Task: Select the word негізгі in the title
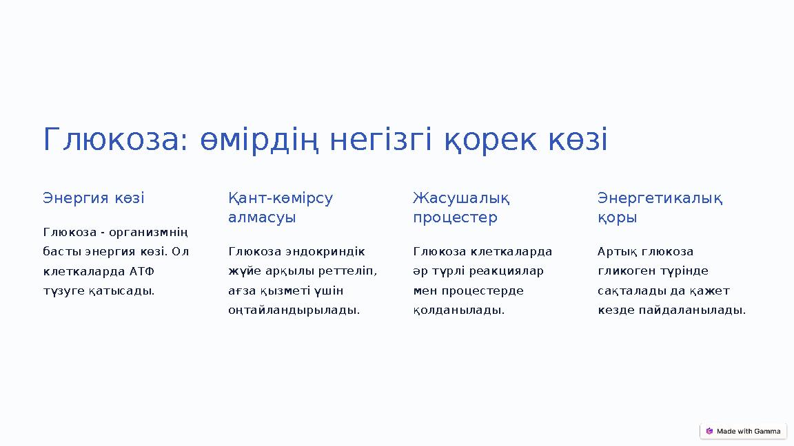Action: [381, 140]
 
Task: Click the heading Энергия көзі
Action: [94, 198]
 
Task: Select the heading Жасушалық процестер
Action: [461, 208]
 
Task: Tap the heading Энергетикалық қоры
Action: [660, 208]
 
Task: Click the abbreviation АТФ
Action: [142, 271]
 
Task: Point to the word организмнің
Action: [153, 232]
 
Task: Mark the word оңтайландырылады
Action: [294, 310]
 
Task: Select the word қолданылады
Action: [458, 310]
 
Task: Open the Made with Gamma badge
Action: [743, 432]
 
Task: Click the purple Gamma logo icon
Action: [709, 432]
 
